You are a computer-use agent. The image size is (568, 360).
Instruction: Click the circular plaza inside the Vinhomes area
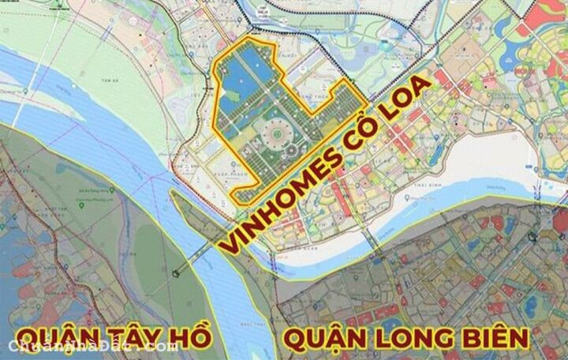pyautogui.click(x=281, y=135)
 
